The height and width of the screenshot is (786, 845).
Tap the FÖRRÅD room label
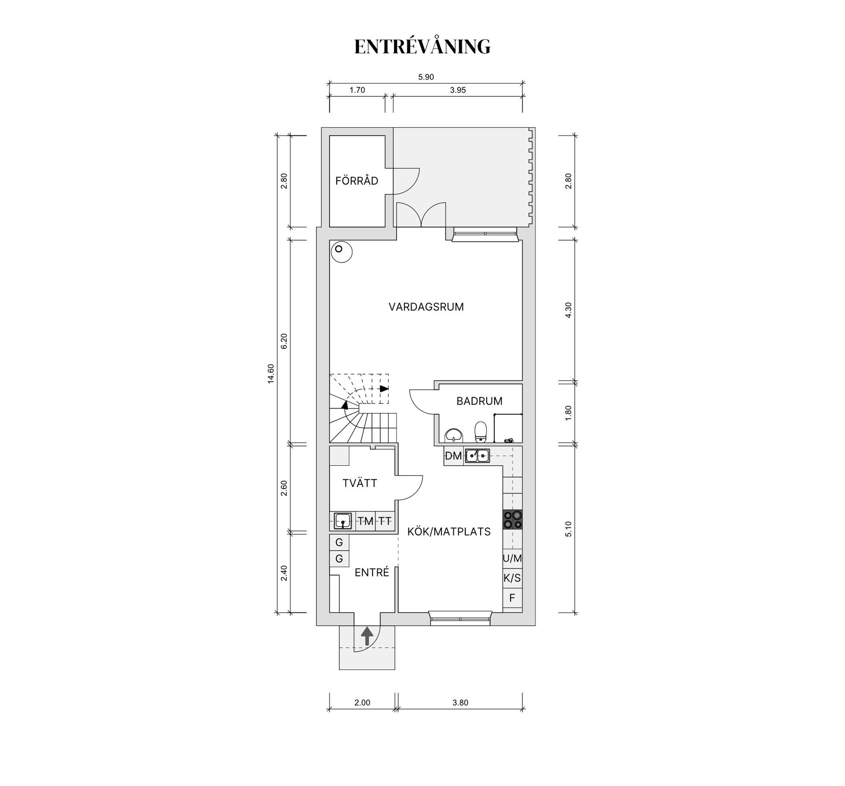pos(356,180)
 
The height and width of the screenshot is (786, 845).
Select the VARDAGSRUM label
pos(426,307)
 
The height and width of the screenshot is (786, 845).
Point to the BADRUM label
pos(479,401)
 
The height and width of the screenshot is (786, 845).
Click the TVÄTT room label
pos(360,483)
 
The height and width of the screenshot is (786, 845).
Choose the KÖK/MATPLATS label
pos(449,532)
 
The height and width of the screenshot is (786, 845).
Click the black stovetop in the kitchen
pos(513,519)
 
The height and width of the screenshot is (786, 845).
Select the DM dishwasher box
pos(453,456)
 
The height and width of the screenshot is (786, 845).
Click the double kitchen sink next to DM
pos(477,456)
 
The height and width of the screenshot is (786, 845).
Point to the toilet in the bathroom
pos(481,431)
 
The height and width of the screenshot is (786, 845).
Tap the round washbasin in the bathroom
pos(453,435)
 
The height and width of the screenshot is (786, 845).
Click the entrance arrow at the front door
pos(367,636)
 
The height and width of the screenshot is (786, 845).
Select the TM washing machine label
pos(365,521)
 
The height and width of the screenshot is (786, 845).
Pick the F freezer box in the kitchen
pos(512,598)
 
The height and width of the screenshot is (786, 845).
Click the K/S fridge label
pos(512,578)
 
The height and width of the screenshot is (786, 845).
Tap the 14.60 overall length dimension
pos(271,374)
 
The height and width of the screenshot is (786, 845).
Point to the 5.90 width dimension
pos(426,77)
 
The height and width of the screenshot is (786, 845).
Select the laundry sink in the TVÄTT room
pos(343,521)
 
